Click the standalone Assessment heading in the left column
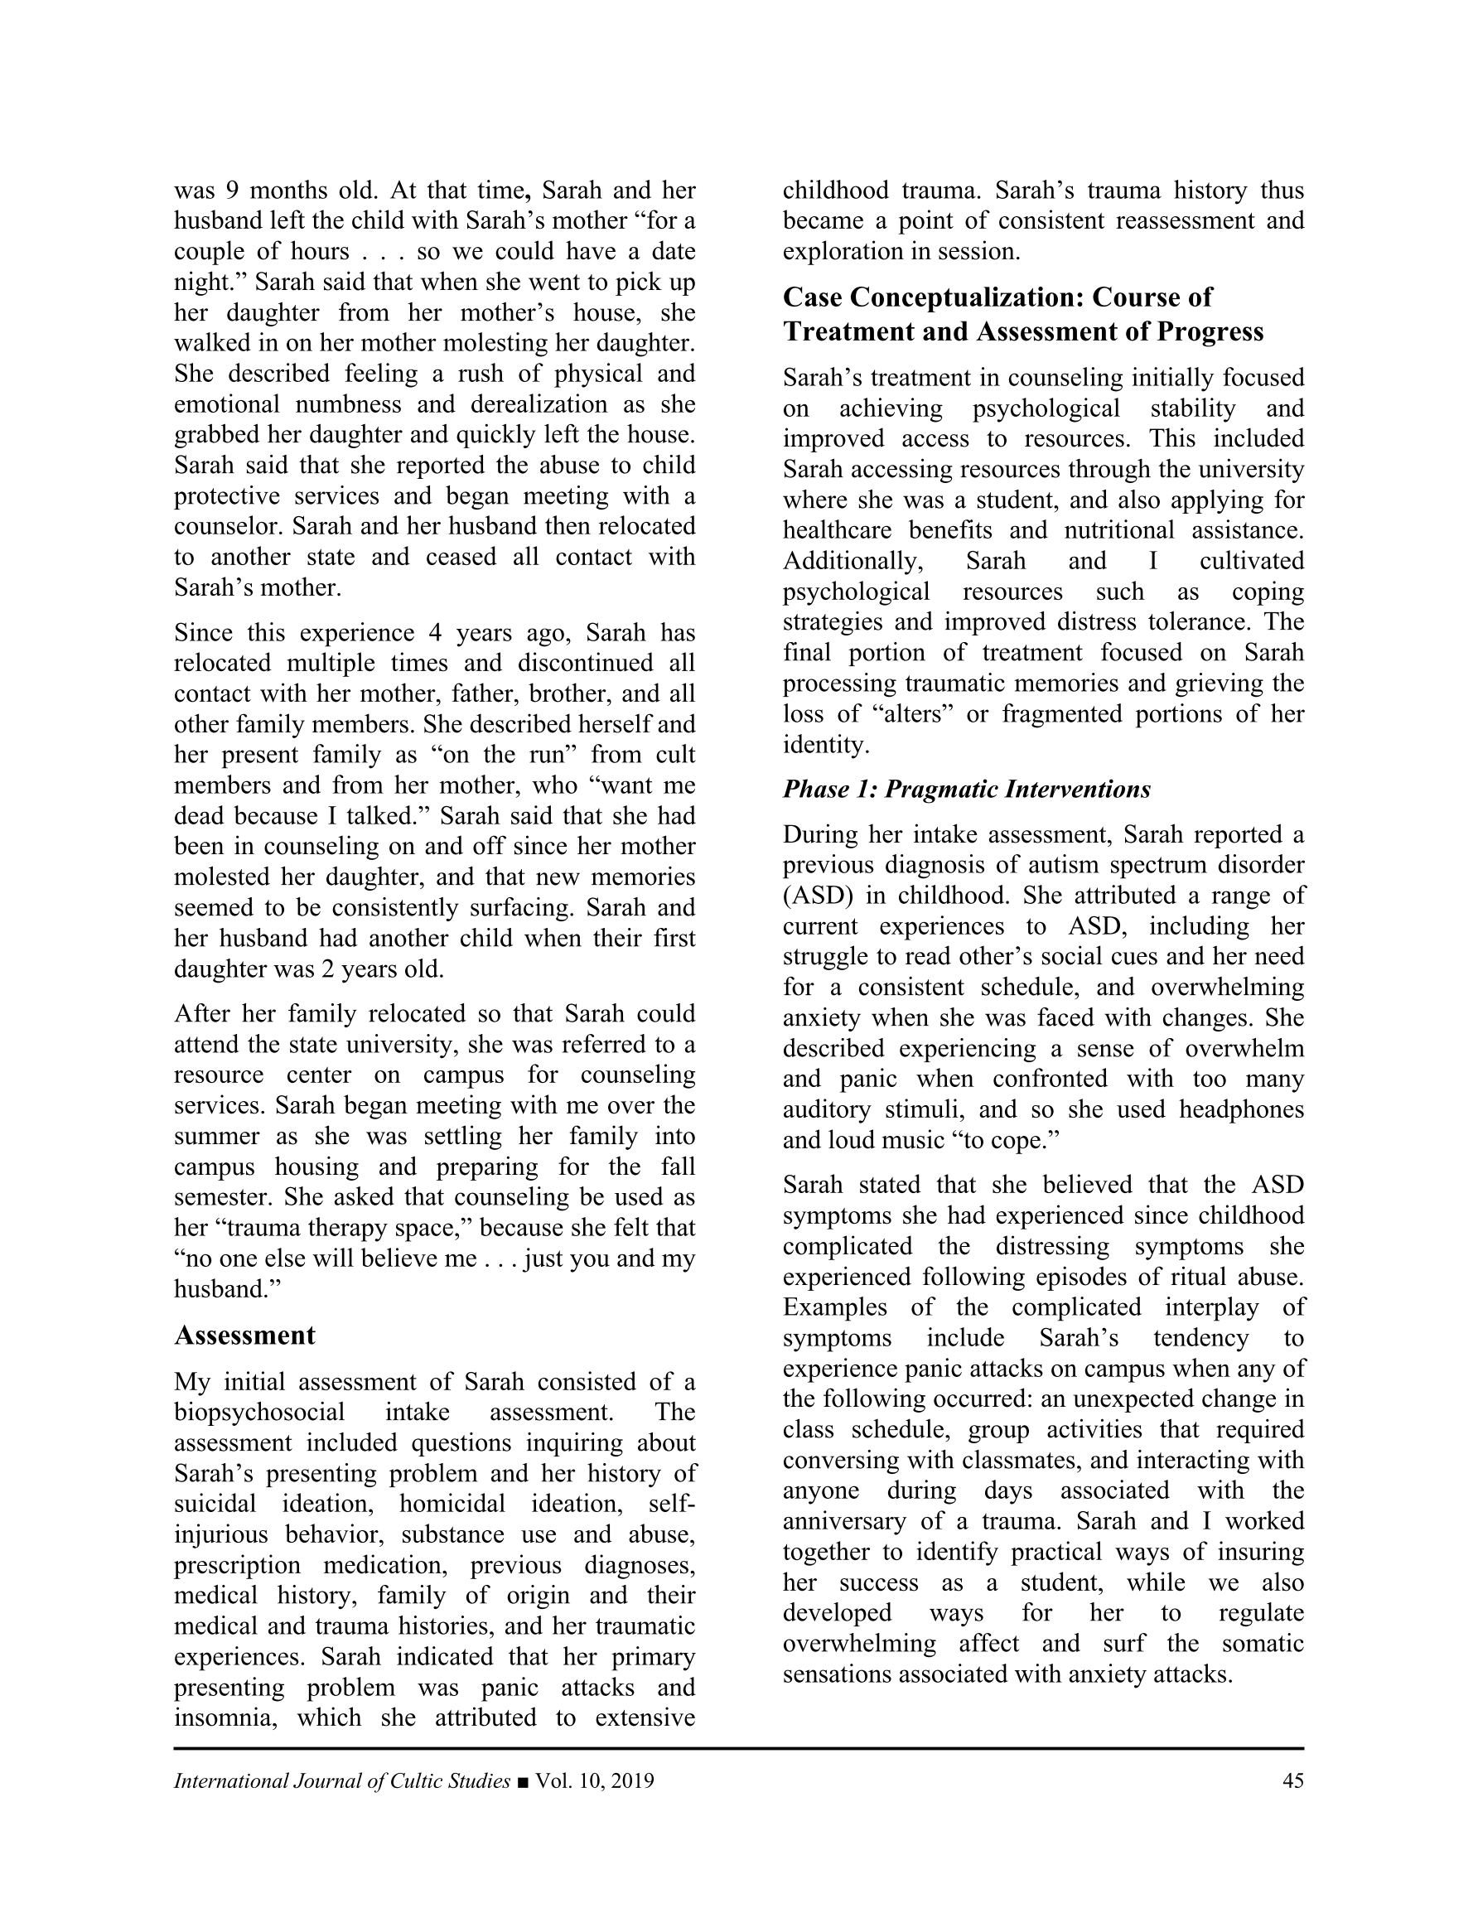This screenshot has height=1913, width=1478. pyautogui.click(x=244, y=1335)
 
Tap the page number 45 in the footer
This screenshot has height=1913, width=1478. pyautogui.click(x=1292, y=1780)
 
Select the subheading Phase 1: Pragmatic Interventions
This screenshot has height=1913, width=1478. pyautogui.click(x=966, y=790)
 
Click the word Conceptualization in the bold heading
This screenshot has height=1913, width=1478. pyautogui.click(x=956, y=297)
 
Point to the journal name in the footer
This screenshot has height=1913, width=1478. pyautogui.click(x=341, y=1780)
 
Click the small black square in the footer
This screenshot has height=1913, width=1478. pyautogui.click(x=523, y=1781)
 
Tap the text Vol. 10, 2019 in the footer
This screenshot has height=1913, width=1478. pyautogui.click(x=595, y=1780)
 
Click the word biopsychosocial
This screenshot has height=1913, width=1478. pyautogui.click(x=259, y=1412)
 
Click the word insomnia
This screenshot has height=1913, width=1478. pyautogui.click(x=225, y=1717)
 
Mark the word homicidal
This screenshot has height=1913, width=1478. pyautogui.click(x=452, y=1504)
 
